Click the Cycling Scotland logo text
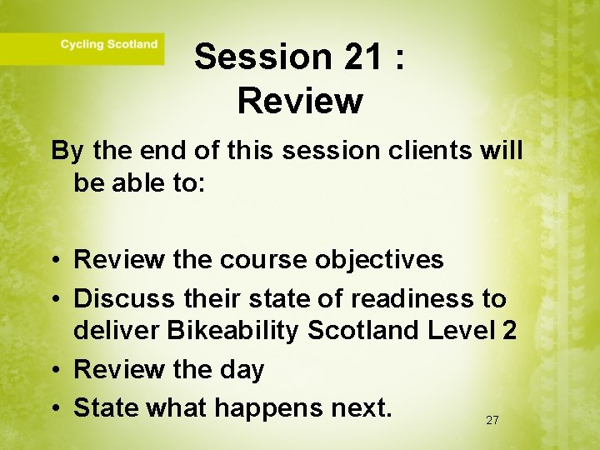108,44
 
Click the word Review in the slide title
300,101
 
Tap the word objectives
379,259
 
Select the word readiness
414,297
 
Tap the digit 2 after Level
509,330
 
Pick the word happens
266,407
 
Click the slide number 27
492,421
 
